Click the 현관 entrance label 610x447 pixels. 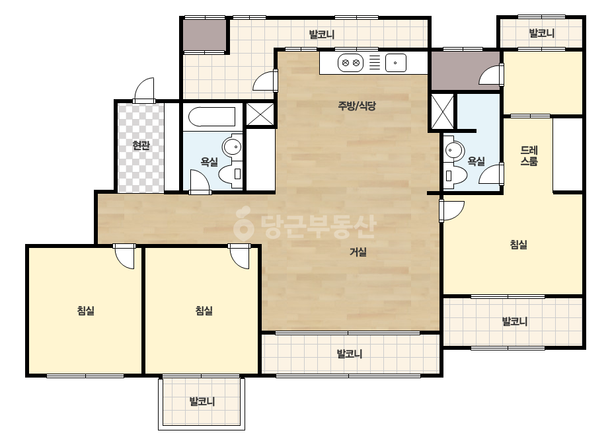click(141, 145)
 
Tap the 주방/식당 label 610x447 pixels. click(357, 106)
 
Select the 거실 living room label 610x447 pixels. click(358, 252)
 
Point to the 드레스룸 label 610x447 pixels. click(529, 156)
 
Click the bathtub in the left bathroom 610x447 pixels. click(212, 117)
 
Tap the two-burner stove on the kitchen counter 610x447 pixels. click(350, 63)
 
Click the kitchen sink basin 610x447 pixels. click(396, 63)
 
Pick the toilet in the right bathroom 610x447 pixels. click(455, 176)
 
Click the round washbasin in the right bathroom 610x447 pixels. click(454, 149)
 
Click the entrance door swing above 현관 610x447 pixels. click(144, 90)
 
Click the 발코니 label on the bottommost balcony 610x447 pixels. click(202, 401)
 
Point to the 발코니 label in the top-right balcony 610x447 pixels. click(541, 34)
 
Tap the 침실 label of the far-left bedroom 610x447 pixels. click(86, 311)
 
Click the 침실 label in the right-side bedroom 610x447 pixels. click(518, 245)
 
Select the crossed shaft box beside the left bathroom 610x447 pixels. click(260, 114)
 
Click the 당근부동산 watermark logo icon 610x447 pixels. click(243, 223)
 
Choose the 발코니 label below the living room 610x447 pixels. click(350, 354)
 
